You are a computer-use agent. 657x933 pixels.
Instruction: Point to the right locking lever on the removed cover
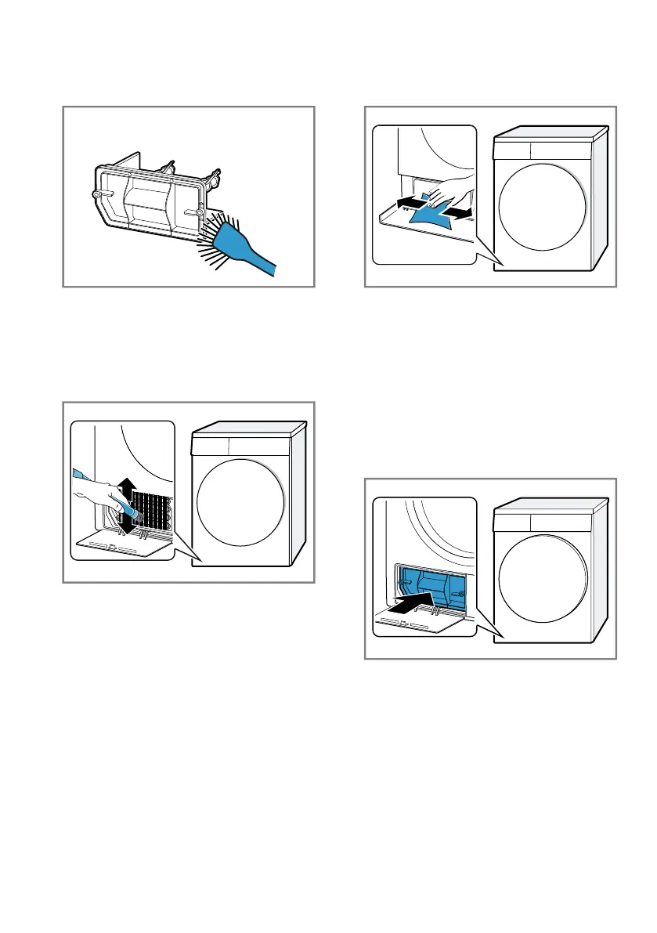[200, 212]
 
